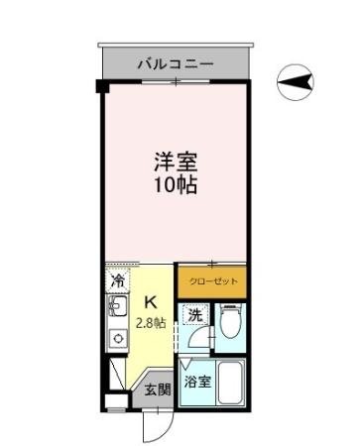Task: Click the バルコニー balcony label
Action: coord(175,63)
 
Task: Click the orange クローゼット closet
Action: coord(211,280)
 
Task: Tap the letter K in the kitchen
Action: coord(151,303)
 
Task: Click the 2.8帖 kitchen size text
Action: coord(151,323)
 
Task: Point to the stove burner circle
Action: coord(117,340)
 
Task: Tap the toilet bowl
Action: coord(228,323)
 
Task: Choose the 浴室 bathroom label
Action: coord(195,381)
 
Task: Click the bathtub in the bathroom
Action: coord(230,384)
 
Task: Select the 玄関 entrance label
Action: coord(158,390)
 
